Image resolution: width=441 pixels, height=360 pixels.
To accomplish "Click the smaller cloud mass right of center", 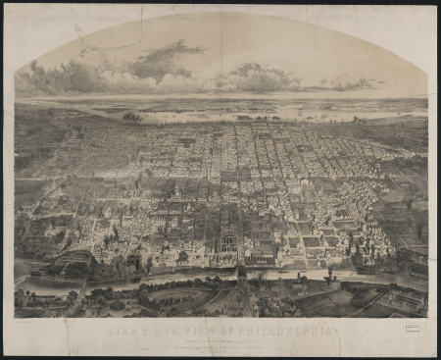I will [260, 75].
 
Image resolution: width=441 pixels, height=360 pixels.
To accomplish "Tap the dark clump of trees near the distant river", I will [131, 117].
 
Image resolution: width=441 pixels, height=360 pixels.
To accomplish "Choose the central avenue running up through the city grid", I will [235, 177].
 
